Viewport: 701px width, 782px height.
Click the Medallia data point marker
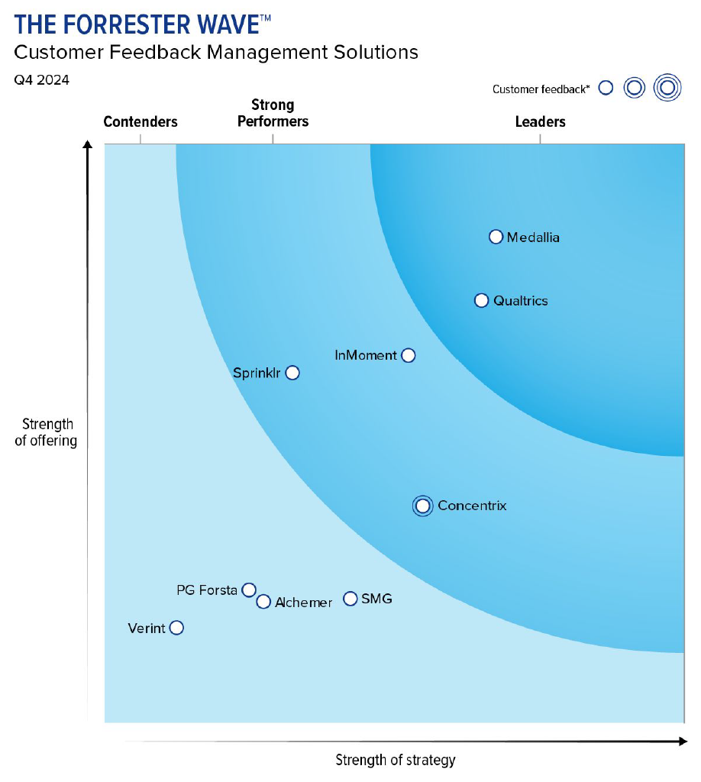(x=496, y=237)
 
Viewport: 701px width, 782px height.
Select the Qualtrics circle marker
(x=481, y=300)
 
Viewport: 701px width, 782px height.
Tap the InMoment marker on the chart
(x=408, y=355)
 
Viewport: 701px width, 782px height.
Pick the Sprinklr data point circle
(x=292, y=373)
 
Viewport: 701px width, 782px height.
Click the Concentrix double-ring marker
(x=422, y=506)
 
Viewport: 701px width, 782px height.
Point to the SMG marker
(x=350, y=599)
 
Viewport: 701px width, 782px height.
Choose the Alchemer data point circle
(x=263, y=602)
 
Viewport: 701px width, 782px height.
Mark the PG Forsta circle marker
(x=248, y=590)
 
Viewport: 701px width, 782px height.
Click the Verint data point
(x=176, y=628)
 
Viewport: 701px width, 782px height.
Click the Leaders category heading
(x=540, y=121)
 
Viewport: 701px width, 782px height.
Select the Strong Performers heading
(x=273, y=113)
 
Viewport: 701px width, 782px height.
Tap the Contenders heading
(x=141, y=121)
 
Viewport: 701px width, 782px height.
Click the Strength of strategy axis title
(x=396, y=760)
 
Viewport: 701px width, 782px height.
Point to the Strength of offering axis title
(x=46, y=432)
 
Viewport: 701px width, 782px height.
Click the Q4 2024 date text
(x=41, y=79)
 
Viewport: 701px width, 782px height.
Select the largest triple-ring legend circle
(x=667, y=88)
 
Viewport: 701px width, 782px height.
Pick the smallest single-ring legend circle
(x=606, y=88)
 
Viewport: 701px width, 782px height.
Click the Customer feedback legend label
(x=541, y=89)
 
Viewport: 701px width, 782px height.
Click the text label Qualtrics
(x=520, y=301)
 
